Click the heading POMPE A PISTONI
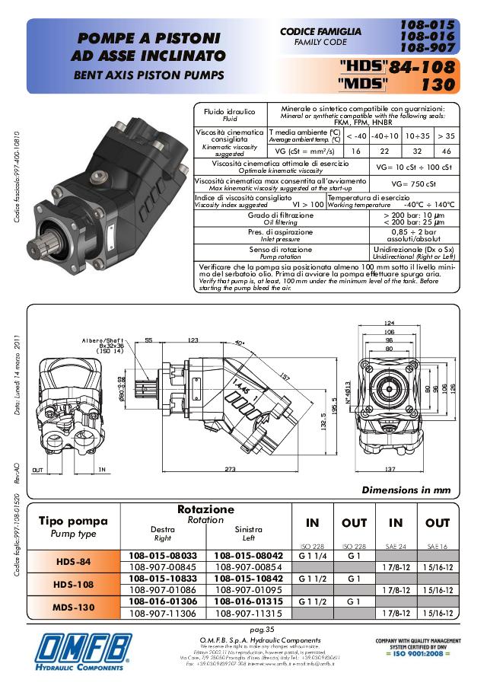pos(148,38)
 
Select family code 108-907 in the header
pos(427,47)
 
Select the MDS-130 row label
pos(75,607)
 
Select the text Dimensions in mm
pos(406,490)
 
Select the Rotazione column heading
pos(205,509)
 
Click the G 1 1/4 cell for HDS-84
pos(312,556)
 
